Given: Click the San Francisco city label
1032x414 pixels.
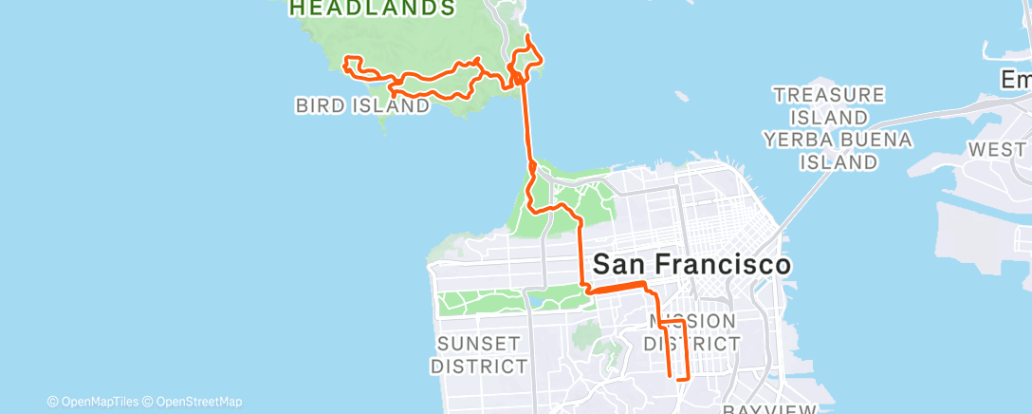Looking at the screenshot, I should tap(691, 264).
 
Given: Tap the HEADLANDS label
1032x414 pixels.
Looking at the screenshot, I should tap(371, 9).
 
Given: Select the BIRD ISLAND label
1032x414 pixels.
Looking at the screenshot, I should tap(362, 106).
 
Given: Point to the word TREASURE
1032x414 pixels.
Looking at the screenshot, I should tap(829, 96).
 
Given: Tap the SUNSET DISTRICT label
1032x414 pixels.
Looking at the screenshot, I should tap(479, 354).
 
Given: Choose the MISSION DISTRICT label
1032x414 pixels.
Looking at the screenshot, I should tap(692, 332).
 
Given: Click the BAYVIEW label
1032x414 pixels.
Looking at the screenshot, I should tap(768, 409).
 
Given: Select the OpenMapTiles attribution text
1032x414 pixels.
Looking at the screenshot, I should tap(98, 401).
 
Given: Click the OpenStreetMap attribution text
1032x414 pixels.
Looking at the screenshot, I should tap(199, 401).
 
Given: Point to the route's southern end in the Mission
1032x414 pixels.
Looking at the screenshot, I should tap(678, 379).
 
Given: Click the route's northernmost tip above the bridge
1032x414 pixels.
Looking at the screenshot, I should tap(527, 36).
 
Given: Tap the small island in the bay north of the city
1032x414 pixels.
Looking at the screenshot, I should tap(681, 96).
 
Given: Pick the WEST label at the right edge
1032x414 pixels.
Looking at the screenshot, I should tap(997, 150).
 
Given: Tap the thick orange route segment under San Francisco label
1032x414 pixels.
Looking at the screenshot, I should tap(617, 286).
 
